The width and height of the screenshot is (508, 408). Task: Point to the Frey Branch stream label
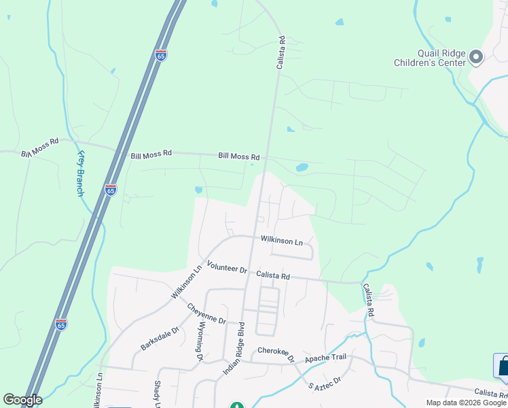79,173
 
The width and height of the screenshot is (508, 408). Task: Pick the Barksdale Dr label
159,338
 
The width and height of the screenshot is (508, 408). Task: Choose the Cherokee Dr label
276,354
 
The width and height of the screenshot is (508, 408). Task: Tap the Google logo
22,400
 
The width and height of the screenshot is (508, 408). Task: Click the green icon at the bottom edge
236,405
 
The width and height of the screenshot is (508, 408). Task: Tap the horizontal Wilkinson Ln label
281,241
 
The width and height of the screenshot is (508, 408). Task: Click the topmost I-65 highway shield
161,56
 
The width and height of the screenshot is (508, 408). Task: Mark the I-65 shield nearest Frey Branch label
111,190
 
